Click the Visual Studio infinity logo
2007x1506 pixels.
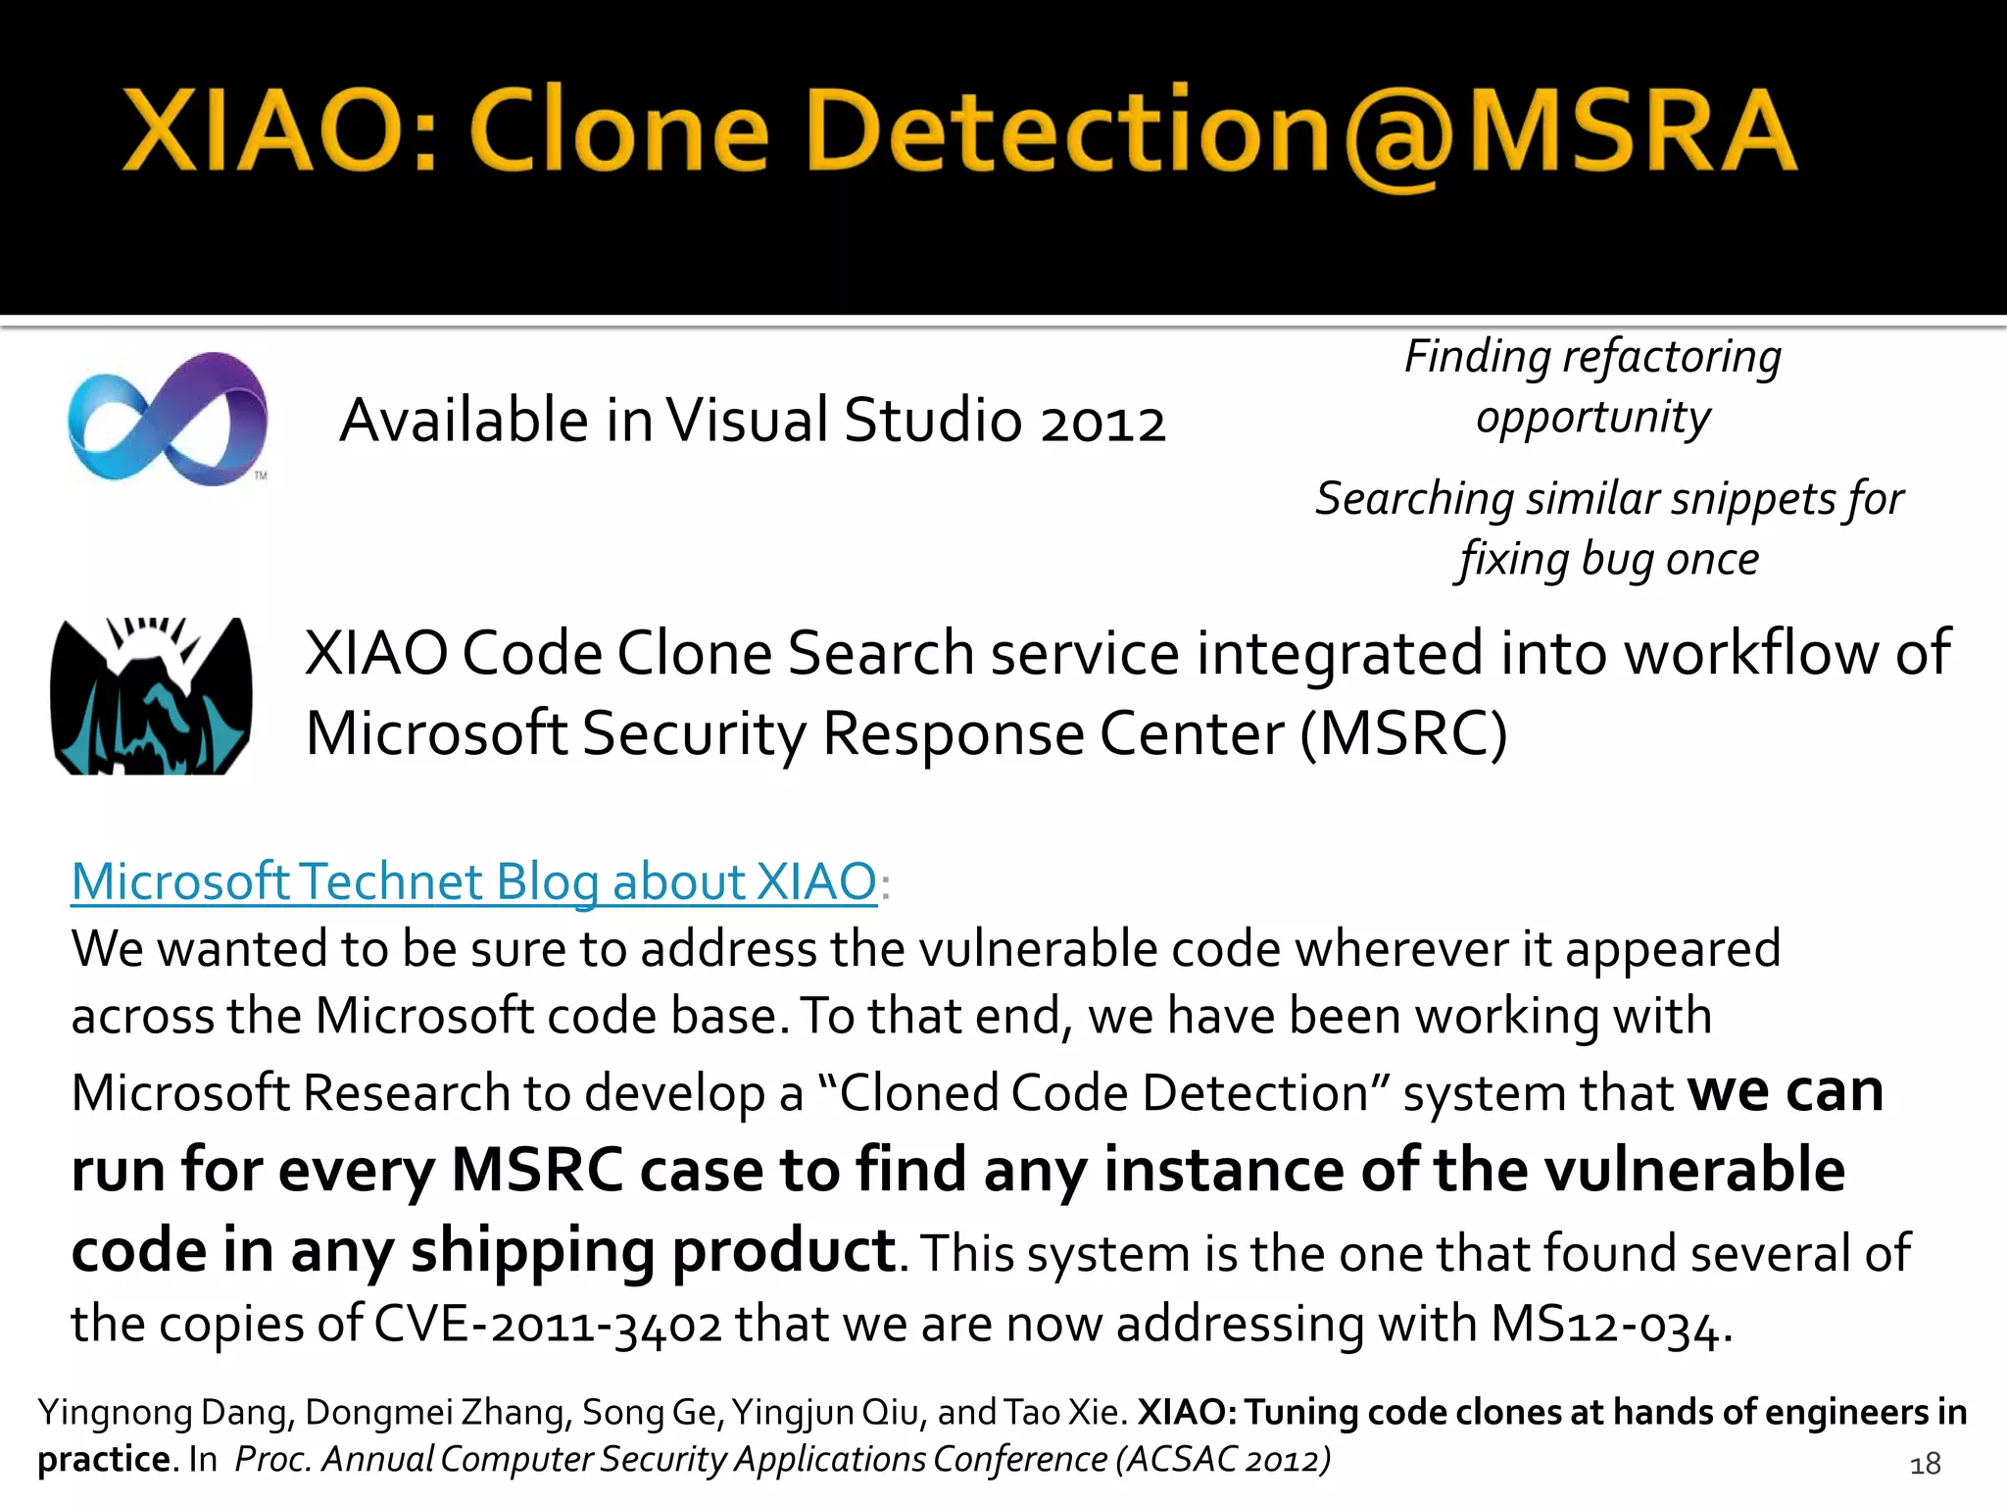coord(167,419)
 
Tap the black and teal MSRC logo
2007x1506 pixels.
coord(151,696)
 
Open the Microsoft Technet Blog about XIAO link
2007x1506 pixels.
coord(474,880)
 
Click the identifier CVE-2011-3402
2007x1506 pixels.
coord(548,1325)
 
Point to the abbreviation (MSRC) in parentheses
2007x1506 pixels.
coord(1403,734)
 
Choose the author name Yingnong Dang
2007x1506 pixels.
coord(163,1413)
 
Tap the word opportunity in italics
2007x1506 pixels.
coord(1593,419)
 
